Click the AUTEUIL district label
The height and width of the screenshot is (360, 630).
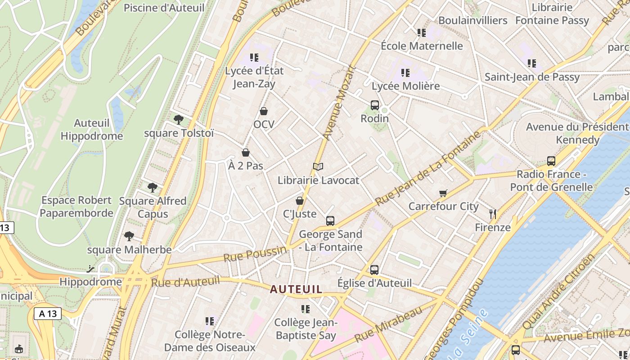[x=296, y=289]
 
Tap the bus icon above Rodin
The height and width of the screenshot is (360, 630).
[x=375, y=105]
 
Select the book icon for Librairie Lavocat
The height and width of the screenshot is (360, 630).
[x=318, y=167]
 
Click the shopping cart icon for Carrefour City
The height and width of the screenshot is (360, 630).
[x=443, y=193]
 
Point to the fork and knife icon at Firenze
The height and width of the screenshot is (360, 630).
[x=493, y=214]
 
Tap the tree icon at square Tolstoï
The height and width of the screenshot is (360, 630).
[x=179, y=119]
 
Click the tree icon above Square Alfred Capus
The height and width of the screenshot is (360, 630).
[x=153, y=187]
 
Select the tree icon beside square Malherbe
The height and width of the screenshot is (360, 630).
[x=129, y=236]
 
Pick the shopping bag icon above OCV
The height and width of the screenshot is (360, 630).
[x=264, y=111]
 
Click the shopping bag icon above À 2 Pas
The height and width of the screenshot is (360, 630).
[x=246, y=153]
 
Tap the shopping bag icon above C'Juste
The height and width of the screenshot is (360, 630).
[x=300, y=201]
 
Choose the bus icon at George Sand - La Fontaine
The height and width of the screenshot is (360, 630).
[x=330, y=221]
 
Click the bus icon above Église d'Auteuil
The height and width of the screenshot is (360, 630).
[x=374, y=270]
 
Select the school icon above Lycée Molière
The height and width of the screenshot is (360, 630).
[x=405, y=72]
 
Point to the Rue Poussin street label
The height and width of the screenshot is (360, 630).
[x=255, y=254]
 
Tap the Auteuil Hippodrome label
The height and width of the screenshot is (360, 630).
[x=92, y=130]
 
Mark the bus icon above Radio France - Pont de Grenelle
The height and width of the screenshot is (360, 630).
[x=551, y=161]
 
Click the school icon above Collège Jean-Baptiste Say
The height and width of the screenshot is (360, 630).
[x=306, y=309]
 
